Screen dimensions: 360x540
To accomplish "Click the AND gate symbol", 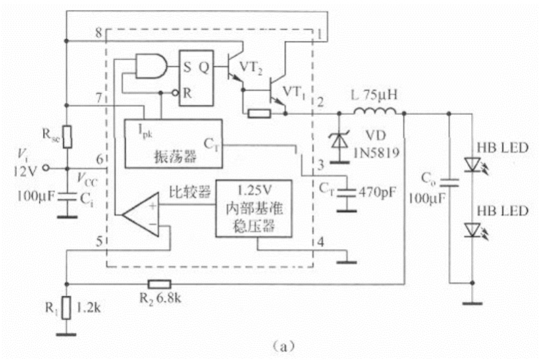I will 153,66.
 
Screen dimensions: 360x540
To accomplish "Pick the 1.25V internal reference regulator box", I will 254,208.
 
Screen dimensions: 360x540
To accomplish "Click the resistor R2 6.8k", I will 159,284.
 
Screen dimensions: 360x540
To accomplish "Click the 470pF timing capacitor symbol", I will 348,191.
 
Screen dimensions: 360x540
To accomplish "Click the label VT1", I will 294,90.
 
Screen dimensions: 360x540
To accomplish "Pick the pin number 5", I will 99,241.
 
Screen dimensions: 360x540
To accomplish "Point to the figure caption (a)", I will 282,345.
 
